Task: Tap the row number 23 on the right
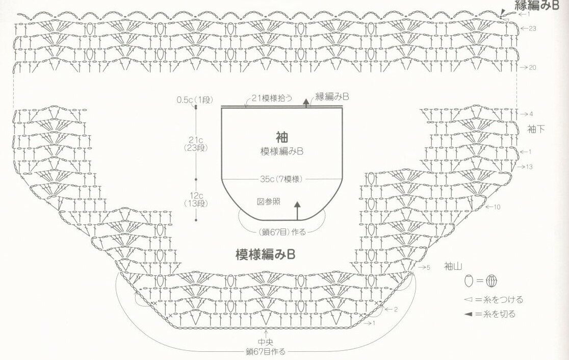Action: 532,29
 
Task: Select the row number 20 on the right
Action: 532,67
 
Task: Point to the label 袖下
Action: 536,129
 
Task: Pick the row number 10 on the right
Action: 497,207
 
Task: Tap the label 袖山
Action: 453,266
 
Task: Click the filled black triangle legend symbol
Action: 469,314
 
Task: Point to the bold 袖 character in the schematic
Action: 281,137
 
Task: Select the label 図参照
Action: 268,200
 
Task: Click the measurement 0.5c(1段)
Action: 192,100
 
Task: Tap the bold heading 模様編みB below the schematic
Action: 265,253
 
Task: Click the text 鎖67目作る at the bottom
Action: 265,352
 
